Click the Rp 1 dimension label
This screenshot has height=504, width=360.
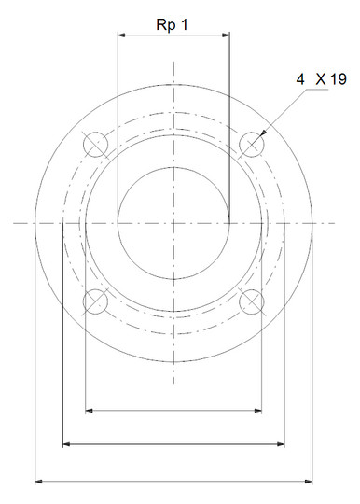(x=172, y=25)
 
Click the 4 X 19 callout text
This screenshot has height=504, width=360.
(x=321, y=79)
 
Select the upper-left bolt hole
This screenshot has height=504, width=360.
(x=95, y=145)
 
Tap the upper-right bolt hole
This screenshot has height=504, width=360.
(x=252, y=145)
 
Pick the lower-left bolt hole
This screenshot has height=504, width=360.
(x=95, y=301)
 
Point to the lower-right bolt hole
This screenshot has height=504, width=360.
(x=252, y=301)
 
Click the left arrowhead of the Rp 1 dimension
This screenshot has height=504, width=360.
(x=121, y=35)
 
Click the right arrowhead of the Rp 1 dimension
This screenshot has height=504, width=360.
(x=226, y=35)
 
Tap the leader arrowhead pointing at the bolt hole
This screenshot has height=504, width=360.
(x=263, y=133)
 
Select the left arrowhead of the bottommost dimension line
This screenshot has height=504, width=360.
(x=38, y=482)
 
